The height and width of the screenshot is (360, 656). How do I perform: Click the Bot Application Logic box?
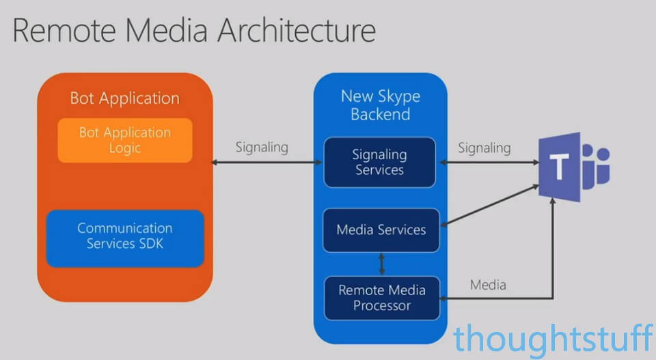point(125,141)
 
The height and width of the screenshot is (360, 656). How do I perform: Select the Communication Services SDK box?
point(125,238)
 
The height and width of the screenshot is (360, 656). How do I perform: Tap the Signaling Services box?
point(379,162)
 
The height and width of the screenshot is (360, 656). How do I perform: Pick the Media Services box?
point(381,230)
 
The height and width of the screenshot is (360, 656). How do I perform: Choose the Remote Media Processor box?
point(382,298)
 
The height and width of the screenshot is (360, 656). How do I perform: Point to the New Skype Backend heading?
point(381,105)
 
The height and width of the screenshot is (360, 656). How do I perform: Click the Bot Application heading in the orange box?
point(124,98)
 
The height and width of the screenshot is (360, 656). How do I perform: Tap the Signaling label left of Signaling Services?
point(262,147)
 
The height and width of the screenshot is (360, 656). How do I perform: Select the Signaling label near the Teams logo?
point(484,148)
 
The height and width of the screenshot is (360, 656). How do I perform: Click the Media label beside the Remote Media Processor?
point(488,285)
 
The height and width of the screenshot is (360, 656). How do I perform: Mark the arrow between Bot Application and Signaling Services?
point(267,162)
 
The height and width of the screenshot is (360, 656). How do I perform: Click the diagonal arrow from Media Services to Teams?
point(490,206)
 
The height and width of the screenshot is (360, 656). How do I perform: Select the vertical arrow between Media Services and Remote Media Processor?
point(381,264)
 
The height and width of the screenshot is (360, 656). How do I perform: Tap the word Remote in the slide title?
point(64,31)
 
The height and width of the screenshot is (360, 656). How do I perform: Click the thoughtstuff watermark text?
point(553,338)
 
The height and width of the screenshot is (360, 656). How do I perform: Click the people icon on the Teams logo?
point(596,166)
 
